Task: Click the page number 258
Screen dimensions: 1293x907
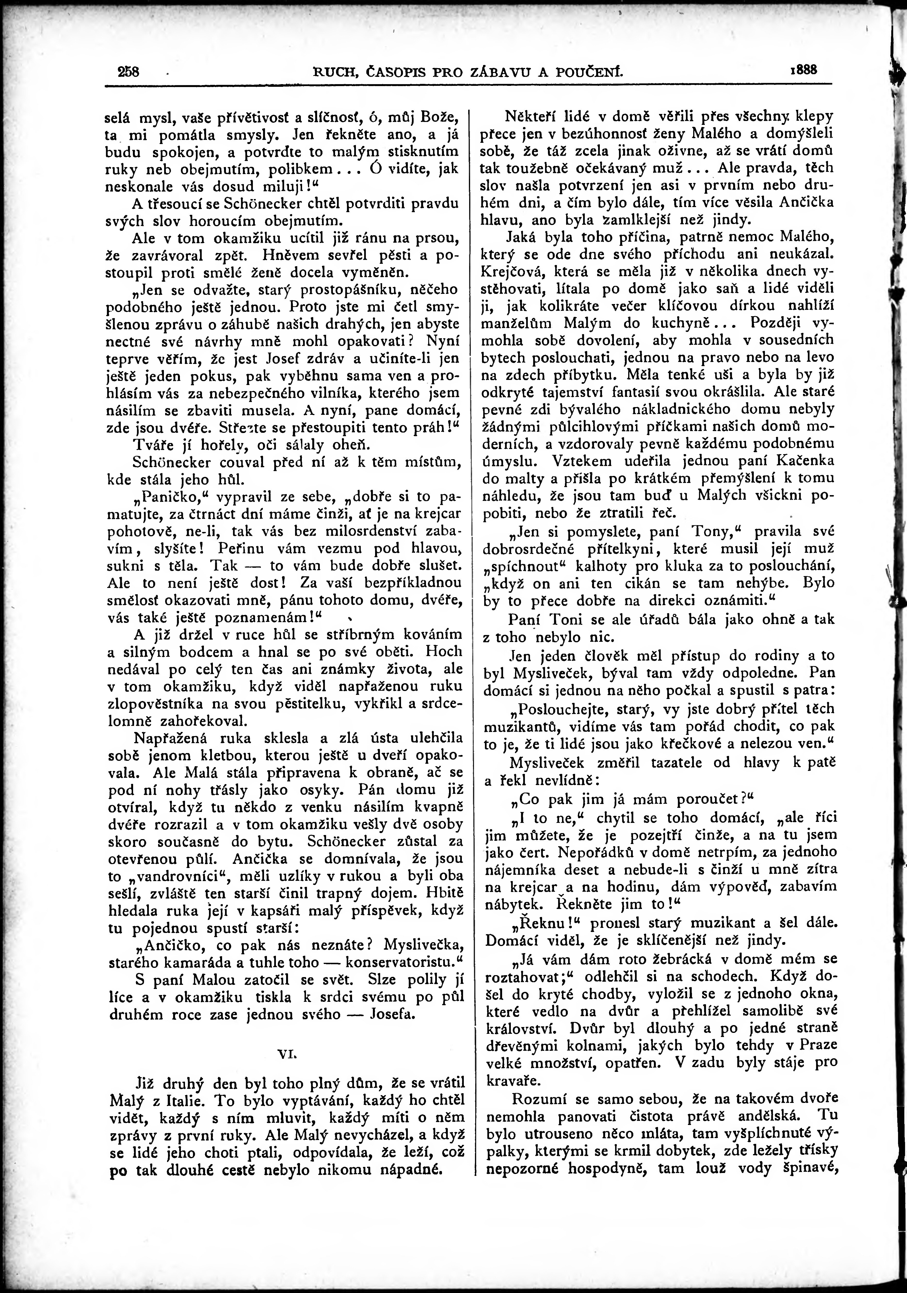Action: point(128,72)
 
